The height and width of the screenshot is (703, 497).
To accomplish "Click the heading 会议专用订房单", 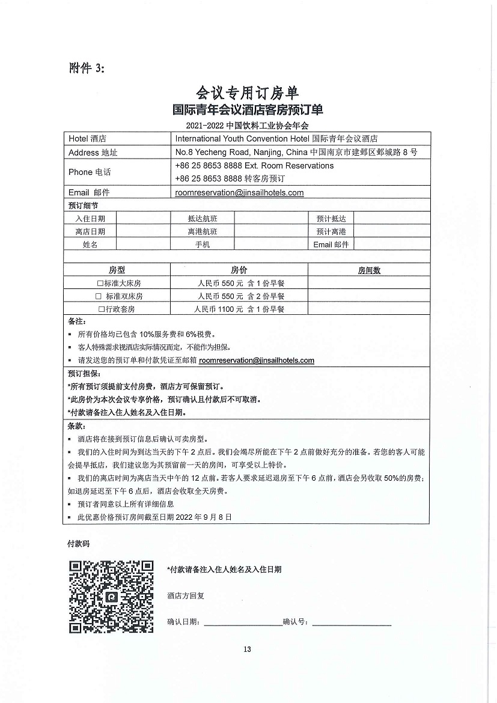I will click(247, 93).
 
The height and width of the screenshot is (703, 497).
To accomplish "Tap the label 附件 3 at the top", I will click(87, 68).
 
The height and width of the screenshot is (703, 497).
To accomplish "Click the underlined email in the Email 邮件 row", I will click(239, 193).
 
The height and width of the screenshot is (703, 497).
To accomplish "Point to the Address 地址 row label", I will click(93, 153).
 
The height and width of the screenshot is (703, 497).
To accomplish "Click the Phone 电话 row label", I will click(90, 172).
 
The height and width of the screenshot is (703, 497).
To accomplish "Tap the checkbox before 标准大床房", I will click(100, 283).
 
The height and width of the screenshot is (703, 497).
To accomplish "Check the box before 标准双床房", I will click(99, 296).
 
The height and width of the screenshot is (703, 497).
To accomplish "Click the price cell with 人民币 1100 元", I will click(239, 309).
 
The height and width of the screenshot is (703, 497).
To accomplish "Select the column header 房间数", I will click(369, 270).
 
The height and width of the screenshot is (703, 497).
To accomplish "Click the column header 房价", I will click(239, 270).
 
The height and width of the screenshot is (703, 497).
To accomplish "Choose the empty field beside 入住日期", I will click(143, 219).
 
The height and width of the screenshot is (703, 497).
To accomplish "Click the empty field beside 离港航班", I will click(270, 232).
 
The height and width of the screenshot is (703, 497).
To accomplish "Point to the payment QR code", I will click(111, 596).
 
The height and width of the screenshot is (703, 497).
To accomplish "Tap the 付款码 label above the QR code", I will click(78, 543).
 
